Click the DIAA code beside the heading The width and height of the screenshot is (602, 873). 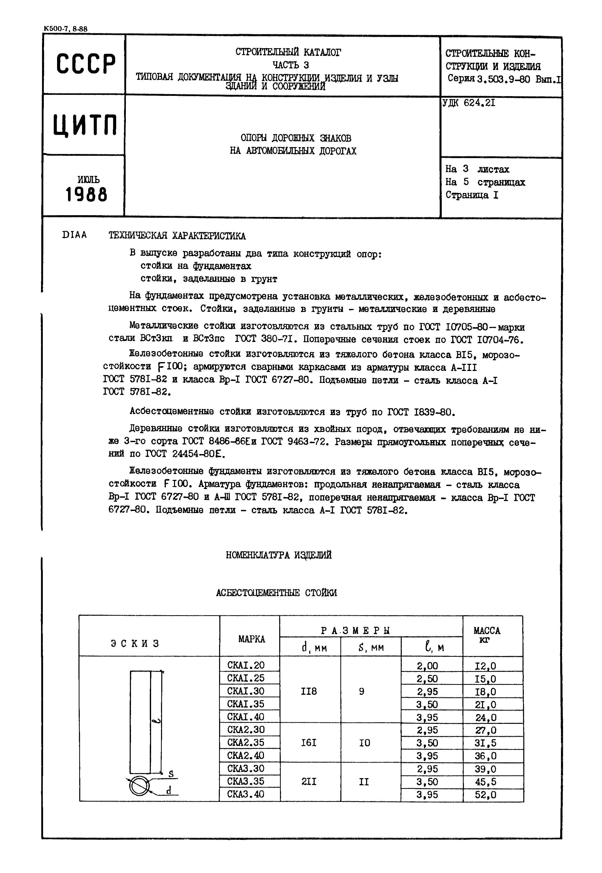pyautogui.click(x=74, y=235)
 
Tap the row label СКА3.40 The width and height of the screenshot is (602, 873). pyautogui.click(x=246, y=794)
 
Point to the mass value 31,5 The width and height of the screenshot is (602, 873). pyautogui.click(x=486, y=743)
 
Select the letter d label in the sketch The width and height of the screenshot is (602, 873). pyautogui.click(x=169, y=790)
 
